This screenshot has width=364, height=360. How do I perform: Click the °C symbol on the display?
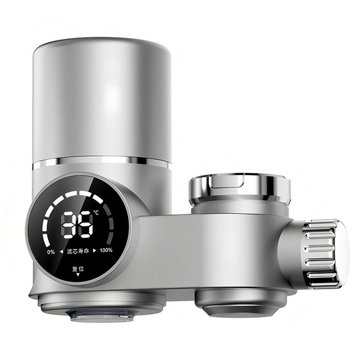pyautogui.click(x=96, y=212)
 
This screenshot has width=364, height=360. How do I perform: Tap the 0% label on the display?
pyautogui.click(x=51, y=251)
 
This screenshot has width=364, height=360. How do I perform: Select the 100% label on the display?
pyautogui.click(x=106, y=250)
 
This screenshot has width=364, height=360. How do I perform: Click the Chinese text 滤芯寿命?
pyautogui.click(x=78, y=251)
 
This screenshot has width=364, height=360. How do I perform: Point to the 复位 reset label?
pyautogui.click(x=78, y=269)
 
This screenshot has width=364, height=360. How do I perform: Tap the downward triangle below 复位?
pyautogui.click(x=78, y=275)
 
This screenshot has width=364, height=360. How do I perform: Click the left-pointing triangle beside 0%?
pyautogui.click(x=61, y=251)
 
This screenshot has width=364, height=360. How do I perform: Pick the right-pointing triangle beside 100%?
pyautogui.click(x=95, y=251)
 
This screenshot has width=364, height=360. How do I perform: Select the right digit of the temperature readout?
pyautogui.click(x=86, y=225)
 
